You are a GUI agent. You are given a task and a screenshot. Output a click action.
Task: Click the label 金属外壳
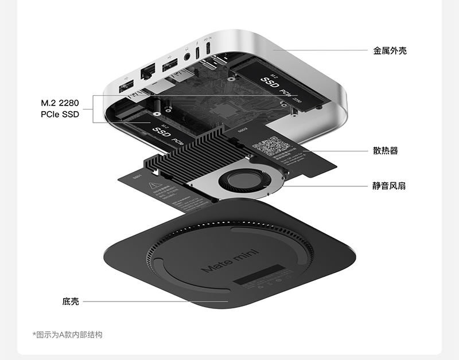click(390, 50)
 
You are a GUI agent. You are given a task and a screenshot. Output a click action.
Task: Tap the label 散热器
click(385, 151)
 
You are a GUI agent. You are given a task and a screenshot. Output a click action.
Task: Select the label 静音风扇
click(389, 186)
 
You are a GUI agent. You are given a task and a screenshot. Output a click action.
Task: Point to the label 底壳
click(71, 301)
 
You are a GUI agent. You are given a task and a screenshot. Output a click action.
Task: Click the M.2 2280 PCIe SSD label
click(60, 109)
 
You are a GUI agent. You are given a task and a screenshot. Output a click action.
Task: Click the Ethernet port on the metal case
click(148, 72)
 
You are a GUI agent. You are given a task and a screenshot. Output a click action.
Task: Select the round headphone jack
click(188, 57)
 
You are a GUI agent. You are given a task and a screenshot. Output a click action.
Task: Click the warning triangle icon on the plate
click(154, 186)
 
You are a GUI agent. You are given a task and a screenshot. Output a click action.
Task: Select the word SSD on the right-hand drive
click(270, 84)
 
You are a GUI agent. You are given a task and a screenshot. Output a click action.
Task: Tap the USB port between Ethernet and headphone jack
click(170, 66)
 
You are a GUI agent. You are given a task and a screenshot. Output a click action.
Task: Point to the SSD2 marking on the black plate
click(242, 130)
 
